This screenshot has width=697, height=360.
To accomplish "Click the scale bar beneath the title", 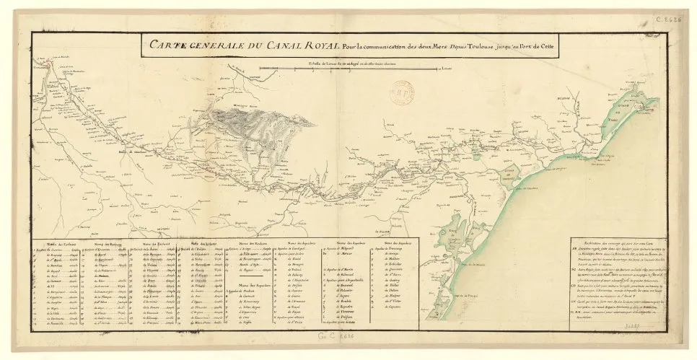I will click(x=364, y=69).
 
